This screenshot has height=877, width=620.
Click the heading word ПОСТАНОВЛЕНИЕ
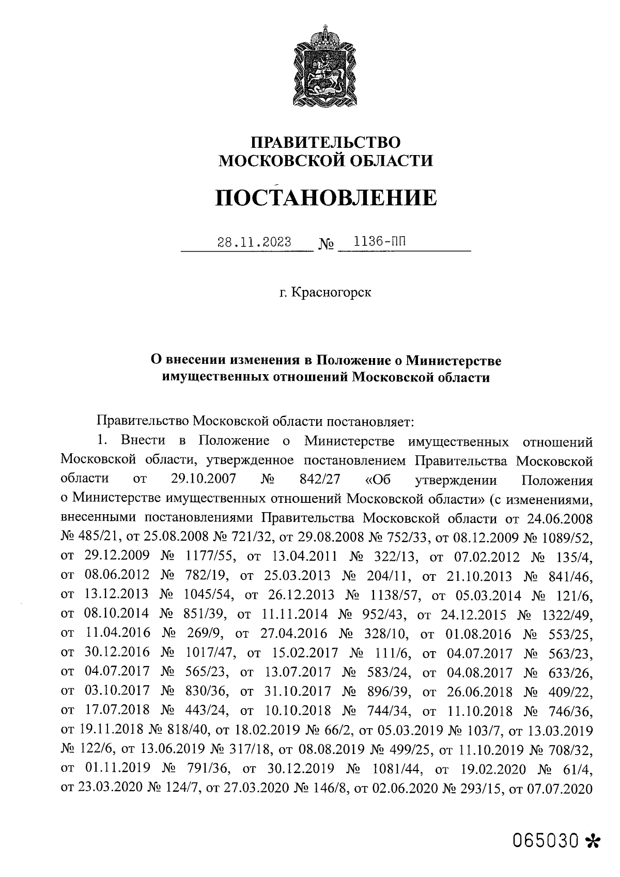pos(326,197)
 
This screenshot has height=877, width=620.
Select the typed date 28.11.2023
pos(254,242)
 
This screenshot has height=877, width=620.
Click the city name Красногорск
pos(331,293)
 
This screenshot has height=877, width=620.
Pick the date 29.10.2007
pos(203,479)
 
